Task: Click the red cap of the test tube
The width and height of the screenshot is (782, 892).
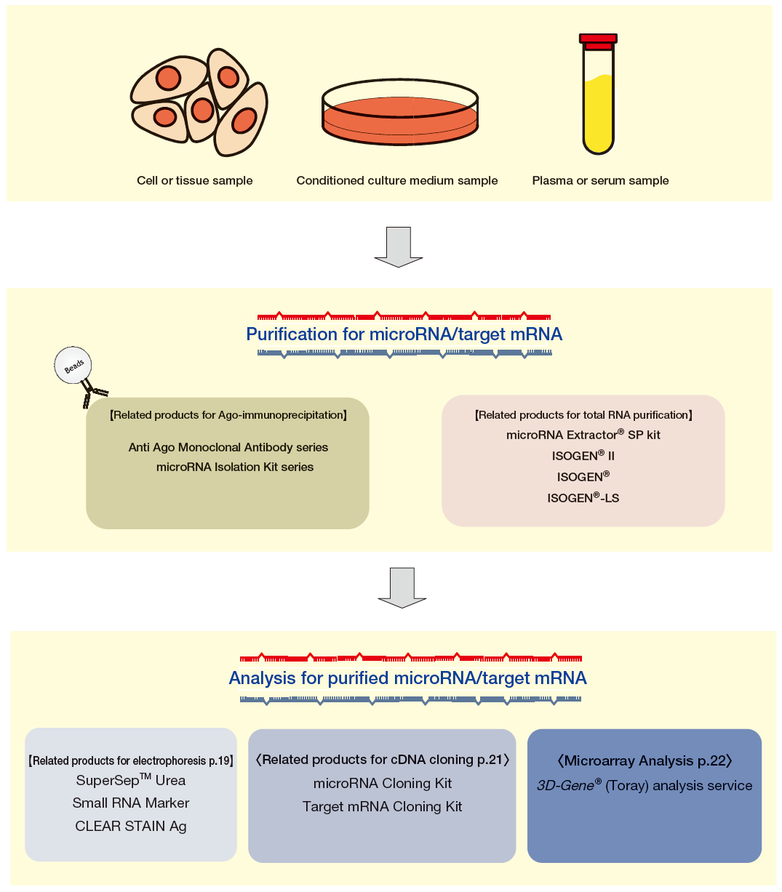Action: [x=598, y=40]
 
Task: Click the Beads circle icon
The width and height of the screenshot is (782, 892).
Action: [x=73, y=366]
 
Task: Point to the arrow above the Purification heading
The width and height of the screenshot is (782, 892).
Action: [x=399, y=246]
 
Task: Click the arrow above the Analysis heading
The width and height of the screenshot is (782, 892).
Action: [x=402, y=587]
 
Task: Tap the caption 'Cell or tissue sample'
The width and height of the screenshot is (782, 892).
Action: [x=194, y=181]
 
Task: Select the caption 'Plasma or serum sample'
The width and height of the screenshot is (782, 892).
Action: [x=600, y=181]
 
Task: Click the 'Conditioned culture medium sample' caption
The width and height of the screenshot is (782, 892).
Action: [x=397, y=181]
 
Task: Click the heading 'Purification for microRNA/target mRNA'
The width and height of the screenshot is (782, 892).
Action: [x=404, y=334]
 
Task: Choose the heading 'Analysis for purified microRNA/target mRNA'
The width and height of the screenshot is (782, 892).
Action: [x=407, y=678]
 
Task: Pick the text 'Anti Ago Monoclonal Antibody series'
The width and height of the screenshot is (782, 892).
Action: [x=228, y=448]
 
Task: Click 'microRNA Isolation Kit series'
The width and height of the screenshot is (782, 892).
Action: [x=235, y=467]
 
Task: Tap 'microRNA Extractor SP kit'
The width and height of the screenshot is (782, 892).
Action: [x=583, y=435]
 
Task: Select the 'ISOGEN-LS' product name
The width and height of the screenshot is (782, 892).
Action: [x=583, y=498]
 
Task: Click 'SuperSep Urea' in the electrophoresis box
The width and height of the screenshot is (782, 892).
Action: [x=131, y=781]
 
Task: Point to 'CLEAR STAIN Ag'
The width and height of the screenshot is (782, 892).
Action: [x=131, y=827]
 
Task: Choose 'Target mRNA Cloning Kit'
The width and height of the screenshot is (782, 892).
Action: [x=383, y=807]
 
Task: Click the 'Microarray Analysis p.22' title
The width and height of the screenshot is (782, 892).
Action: [x=645, y=761]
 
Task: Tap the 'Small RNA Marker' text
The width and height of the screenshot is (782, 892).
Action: [x=131, y=803]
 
